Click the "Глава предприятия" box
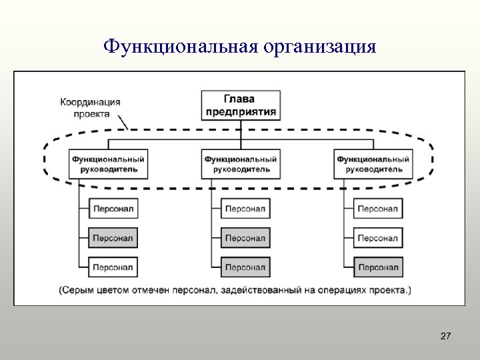click(x=241, y=105)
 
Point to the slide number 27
click(x=446, y=337)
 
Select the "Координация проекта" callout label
click(x=91, y=107)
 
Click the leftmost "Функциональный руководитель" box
click(x=108, y=164)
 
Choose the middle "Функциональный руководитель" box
click(x=241, y=164)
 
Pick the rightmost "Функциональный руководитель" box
click(x=373, y=164)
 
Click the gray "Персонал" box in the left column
click(x=113, y=238)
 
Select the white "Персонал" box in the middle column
click(x=245, y=209)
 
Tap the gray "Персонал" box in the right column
click(x=378, y=267)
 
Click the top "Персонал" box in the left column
click(x=113, y=209)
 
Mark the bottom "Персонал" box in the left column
click(x=113, y=267)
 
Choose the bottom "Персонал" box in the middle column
click(x=245, y=267)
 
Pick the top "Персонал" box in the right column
click(x=378, y=209)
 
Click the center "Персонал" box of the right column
click(x=378, y=238)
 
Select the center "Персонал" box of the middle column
click(x=245, y=238)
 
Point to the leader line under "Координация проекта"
click(x=123, y=123)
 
